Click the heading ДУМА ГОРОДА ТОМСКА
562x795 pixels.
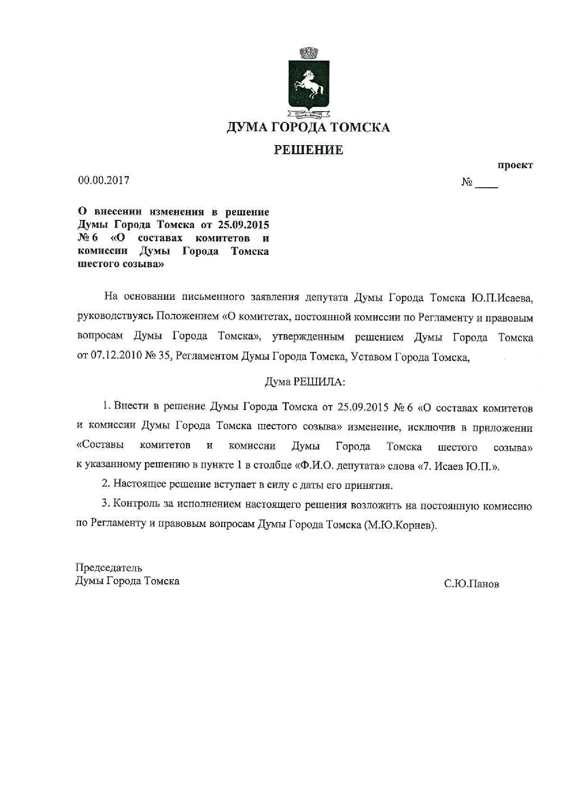tap(308, 127)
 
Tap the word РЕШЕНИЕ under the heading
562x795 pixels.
tap(308, 150)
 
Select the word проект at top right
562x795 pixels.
tap(515, 165)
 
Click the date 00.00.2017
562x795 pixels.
tap(104, 180)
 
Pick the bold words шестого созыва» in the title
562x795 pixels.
tap(121, 264)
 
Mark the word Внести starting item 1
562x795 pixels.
tap(133, 406)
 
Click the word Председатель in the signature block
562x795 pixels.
tap(109, 568)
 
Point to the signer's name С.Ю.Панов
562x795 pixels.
tap(471, 584)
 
